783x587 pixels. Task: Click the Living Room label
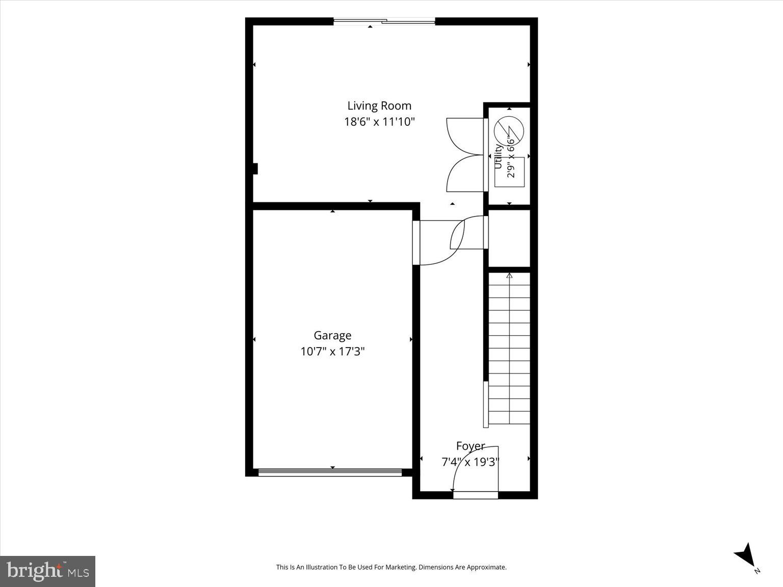pyautogui.click(x=379, y=106)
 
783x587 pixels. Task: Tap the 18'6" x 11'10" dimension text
pyautogui.click(x=379, y=122)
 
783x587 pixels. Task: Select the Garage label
pyautogui.click(x=332, y=335)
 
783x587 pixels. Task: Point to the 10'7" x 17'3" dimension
pyautogui.click(x=332, y=352)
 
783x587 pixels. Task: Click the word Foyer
pyautogui.click(x=471, y=446)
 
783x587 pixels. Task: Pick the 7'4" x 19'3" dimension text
pyautogui.click(x=470, y=462)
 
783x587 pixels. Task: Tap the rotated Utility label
pyautogui.click(x=499, y=156)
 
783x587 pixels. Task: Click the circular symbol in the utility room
pyautogui.click(x=509, y=131)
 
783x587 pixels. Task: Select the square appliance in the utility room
pyautogui.click(x=509, y=172)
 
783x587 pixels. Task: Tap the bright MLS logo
pyautogui.click(x=47, y=571)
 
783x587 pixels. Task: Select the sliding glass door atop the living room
pyautogui.click(x=384, y=22)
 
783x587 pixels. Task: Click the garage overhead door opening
pyautogui.click(x=330, y=472)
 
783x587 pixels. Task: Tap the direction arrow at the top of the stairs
pyautogui.click(x=509, y=276)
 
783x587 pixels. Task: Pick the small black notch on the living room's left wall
pyautogui.click(x=255, y=169)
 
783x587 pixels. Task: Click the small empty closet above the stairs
pyautogui.click(x=509, y=238)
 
